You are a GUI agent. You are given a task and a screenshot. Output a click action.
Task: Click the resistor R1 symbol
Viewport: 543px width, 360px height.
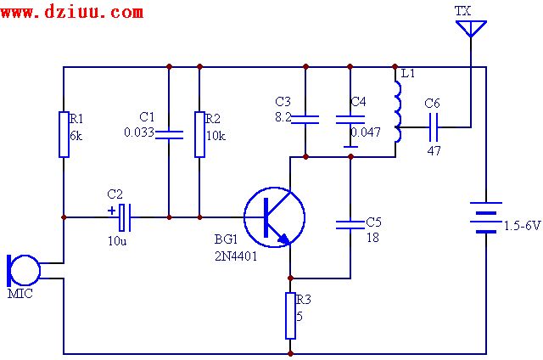click(x=64, y=134)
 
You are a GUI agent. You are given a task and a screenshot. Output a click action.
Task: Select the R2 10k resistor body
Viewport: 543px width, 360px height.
click(x=199, y=134)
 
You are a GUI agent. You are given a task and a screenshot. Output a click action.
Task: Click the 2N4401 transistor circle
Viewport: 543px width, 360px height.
click(x=274, y=217)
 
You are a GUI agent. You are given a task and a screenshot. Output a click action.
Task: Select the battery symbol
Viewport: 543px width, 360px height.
click(x=485, y=217)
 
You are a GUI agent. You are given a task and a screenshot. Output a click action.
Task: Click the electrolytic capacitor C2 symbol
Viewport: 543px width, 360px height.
click(x=125, y=217)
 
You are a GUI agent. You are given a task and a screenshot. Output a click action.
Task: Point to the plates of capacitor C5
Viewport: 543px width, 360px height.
click(x=350, y=224)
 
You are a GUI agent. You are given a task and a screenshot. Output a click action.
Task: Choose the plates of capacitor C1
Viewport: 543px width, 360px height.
click(x=169, y=132)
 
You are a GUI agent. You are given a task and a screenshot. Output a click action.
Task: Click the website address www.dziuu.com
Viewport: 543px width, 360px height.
click(x=73, y=12)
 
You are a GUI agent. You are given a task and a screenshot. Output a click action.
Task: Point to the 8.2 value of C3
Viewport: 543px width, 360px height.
click(x=283, y=115)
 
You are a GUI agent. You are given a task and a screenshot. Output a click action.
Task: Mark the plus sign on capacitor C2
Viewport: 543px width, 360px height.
click(x=111, y=210)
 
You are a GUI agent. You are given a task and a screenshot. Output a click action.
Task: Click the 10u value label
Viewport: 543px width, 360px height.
click(x=117, y=242)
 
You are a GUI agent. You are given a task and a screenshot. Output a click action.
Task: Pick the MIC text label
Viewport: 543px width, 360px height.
click(x=20, y=294)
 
